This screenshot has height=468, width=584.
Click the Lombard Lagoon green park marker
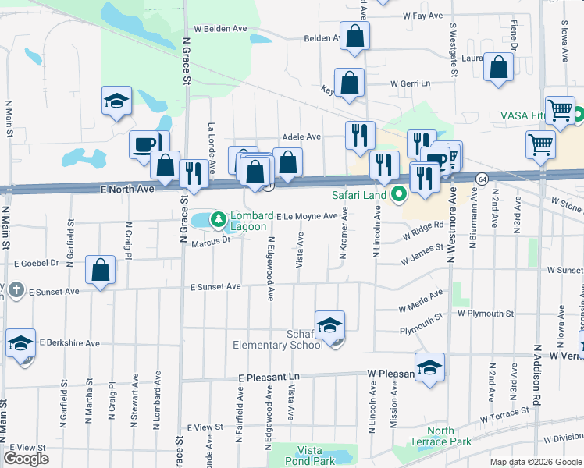pyautogui.click(x=219, y=217)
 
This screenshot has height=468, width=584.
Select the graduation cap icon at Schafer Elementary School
pyautogui.click(x=329, y=324)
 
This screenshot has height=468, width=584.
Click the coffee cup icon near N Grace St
pyautogui.click(x=145, y=145)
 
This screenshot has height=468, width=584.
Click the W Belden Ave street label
pyautogui.click(x=220, y=28)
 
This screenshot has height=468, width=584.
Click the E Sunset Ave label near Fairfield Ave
pyautogui.click(x=216, y=287)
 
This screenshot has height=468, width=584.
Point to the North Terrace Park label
pyautogui.click(x=440, y=436)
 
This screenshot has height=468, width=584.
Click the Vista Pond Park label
pyautogui.click(x=316, y=456)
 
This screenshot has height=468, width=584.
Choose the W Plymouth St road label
pyautogui.click(x=485, y=314)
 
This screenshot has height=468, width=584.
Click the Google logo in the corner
pyautogui.click(x=26, y=459)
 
